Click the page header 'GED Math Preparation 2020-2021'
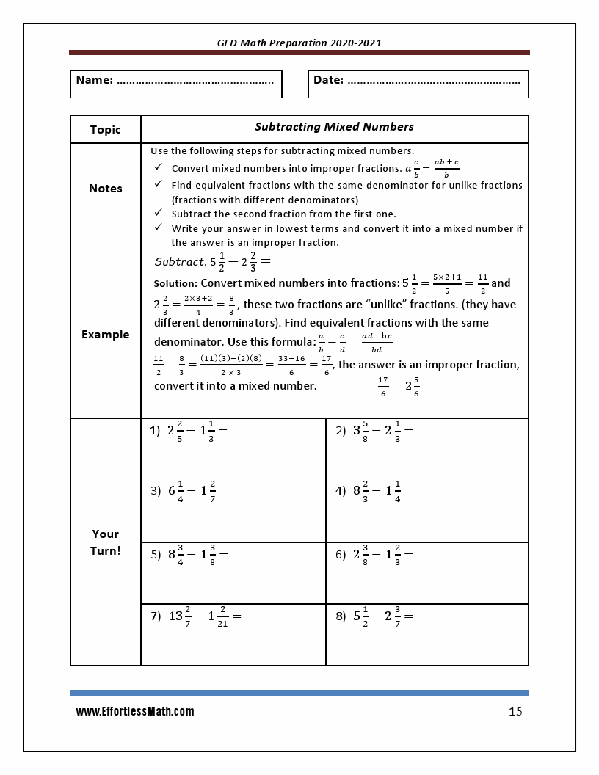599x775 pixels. click(x=299, y=43)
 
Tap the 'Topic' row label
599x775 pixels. click(x=106, y=130)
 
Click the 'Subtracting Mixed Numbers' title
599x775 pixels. click(x=334, y=127)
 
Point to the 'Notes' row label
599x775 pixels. click(x=106, y=189)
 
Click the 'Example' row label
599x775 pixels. click(x=106, y=335)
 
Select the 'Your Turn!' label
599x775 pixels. click(x=106, y=542)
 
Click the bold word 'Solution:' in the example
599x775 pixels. click(x=175, y=283)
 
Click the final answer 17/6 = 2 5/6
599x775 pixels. click(x=399, y=386)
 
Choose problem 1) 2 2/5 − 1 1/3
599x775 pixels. click(x=189, y=432)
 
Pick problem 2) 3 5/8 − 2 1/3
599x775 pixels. click(x=374, y=432)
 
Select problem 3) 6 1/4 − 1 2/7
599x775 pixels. click(x=189, y=491)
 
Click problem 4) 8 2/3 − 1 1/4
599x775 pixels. click(x=374, y=491)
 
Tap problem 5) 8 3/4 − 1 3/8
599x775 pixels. click(x=189, y=556)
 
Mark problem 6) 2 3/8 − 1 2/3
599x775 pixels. click(x=374, y=556)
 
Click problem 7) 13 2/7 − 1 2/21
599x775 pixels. click(x=196, y=617)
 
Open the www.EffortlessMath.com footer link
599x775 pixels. click(x=135, y=712)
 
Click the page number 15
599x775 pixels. click(x=515, y=712)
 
